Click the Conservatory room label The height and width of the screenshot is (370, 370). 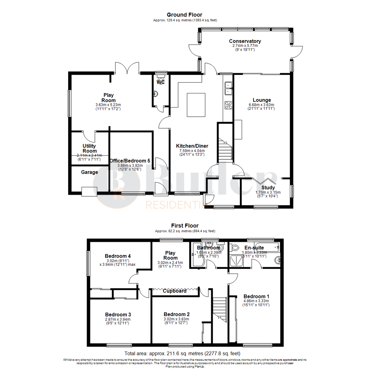tap(245, 41)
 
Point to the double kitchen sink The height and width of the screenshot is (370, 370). tap(228, 88)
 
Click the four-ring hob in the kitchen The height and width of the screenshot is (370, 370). tap(228, 105)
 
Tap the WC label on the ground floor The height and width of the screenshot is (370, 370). tap(161, 83)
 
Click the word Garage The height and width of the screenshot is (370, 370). tap(89, 172)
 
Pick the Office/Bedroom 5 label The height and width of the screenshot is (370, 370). tap(130, 160)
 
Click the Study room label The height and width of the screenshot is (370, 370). tap(268, 187)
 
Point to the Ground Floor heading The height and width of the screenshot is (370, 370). tap(184, 15)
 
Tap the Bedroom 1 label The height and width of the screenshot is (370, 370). tap(256, 296)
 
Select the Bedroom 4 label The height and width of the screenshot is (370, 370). tap(118, 256)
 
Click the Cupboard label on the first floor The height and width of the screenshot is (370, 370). tap(174, 291)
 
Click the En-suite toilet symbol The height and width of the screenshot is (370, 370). tap(235, 247)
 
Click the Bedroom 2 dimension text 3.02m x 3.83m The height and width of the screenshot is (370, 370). tap(176, 319)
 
